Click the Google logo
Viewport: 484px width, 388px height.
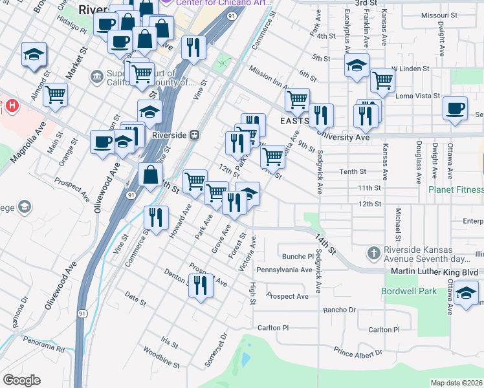click(x=21, y=380)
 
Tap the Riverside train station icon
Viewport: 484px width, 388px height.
click(x=194, y=135)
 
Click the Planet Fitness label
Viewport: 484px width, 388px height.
click(x=456, y=189)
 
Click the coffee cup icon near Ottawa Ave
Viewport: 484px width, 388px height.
click(x=456, y=108)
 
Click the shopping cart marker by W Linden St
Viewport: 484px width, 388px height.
click(x=383, y=81)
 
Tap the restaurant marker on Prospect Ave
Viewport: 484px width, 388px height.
click(x=201, y=285)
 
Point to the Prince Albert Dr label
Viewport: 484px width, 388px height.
click(x=358, y=352)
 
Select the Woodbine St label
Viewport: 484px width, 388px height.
click(x=156, y=353)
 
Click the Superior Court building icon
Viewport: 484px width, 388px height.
click(x=97, y=77)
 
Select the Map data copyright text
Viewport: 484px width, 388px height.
click(x=456, y=383)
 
